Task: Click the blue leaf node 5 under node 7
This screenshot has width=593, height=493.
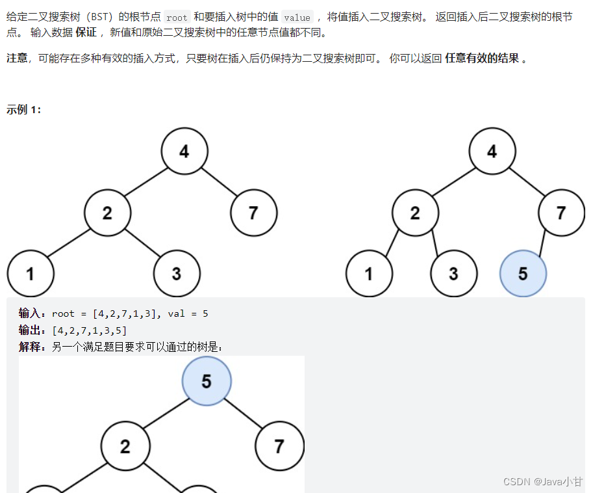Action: (523, 274)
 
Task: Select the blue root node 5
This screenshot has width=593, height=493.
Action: (207, 380)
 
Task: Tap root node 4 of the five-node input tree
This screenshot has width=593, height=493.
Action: (184, 152)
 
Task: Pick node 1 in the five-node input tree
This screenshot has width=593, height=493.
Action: (30, 274)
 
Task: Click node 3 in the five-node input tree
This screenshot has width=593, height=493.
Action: (176, 274)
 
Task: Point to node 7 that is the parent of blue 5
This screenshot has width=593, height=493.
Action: (561, 213)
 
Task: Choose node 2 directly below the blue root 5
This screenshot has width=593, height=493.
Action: (125, 446)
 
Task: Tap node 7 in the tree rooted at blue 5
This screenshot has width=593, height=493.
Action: (279, 446)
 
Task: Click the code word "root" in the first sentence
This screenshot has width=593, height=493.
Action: (177, 18)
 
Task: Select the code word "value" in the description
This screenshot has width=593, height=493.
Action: (297, 18)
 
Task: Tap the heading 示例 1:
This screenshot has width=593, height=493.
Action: (24, 110)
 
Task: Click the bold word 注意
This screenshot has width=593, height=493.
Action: (17, 59)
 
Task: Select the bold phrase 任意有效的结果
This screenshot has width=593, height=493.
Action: (482, 59)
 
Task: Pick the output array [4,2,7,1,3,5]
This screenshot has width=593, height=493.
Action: (89, 331)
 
